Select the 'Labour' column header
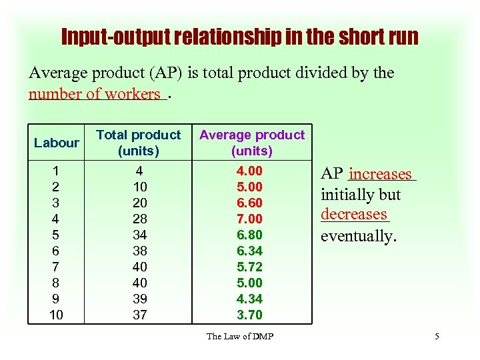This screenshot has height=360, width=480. point(57,143)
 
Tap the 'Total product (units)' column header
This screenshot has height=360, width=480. point(139,143)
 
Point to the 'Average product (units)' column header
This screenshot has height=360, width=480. point(251,143)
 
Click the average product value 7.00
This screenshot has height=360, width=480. point(250,219)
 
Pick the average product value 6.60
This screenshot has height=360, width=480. point(250,203)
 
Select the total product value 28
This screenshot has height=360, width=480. point(139,219)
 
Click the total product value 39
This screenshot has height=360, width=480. point(139,299)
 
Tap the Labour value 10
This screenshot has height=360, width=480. point(57,315)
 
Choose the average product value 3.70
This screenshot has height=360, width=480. point(250,315)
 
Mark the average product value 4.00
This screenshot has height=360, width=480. point(250,171)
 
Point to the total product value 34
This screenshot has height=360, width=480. point(139,235)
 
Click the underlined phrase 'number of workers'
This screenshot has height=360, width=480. point(94,94)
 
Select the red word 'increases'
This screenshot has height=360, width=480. point(381,175)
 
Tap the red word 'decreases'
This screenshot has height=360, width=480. point(353,215)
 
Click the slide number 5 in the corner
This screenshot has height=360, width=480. point(437,336)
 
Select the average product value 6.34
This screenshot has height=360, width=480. point(250,251)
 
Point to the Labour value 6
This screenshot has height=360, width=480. point(57,251)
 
